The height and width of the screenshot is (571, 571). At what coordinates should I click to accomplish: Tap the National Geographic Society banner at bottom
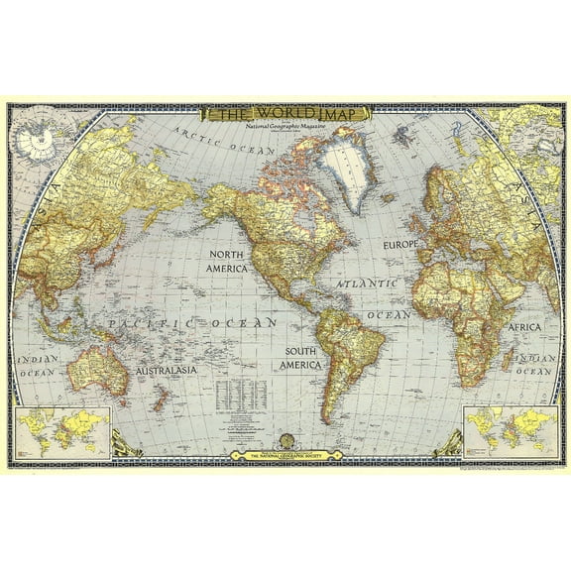pos(285,455)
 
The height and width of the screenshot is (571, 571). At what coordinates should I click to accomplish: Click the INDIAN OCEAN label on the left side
pos(37,365)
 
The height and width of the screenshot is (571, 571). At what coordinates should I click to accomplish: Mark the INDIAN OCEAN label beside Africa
pos(535,363)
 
